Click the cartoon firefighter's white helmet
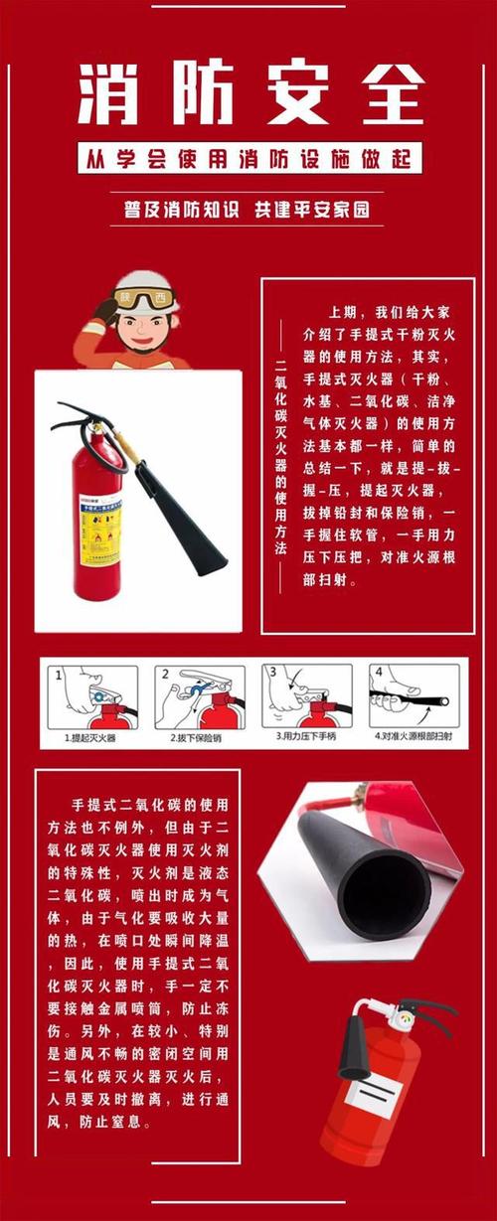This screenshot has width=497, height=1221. pyautogui.click(x=145, y=284)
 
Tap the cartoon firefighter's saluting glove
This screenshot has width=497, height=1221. pyautogui.click(x=104, y=310)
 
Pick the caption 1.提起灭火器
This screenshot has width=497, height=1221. pyautogui.click(x=90, y=738)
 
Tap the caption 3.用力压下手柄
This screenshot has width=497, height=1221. pyautogui.click(x=306, y=738)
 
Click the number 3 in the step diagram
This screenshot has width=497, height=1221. pyautogui.click(x=269, y=673)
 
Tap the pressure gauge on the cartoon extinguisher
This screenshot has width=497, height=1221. pyautogui.click(x=405, y=1020)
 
